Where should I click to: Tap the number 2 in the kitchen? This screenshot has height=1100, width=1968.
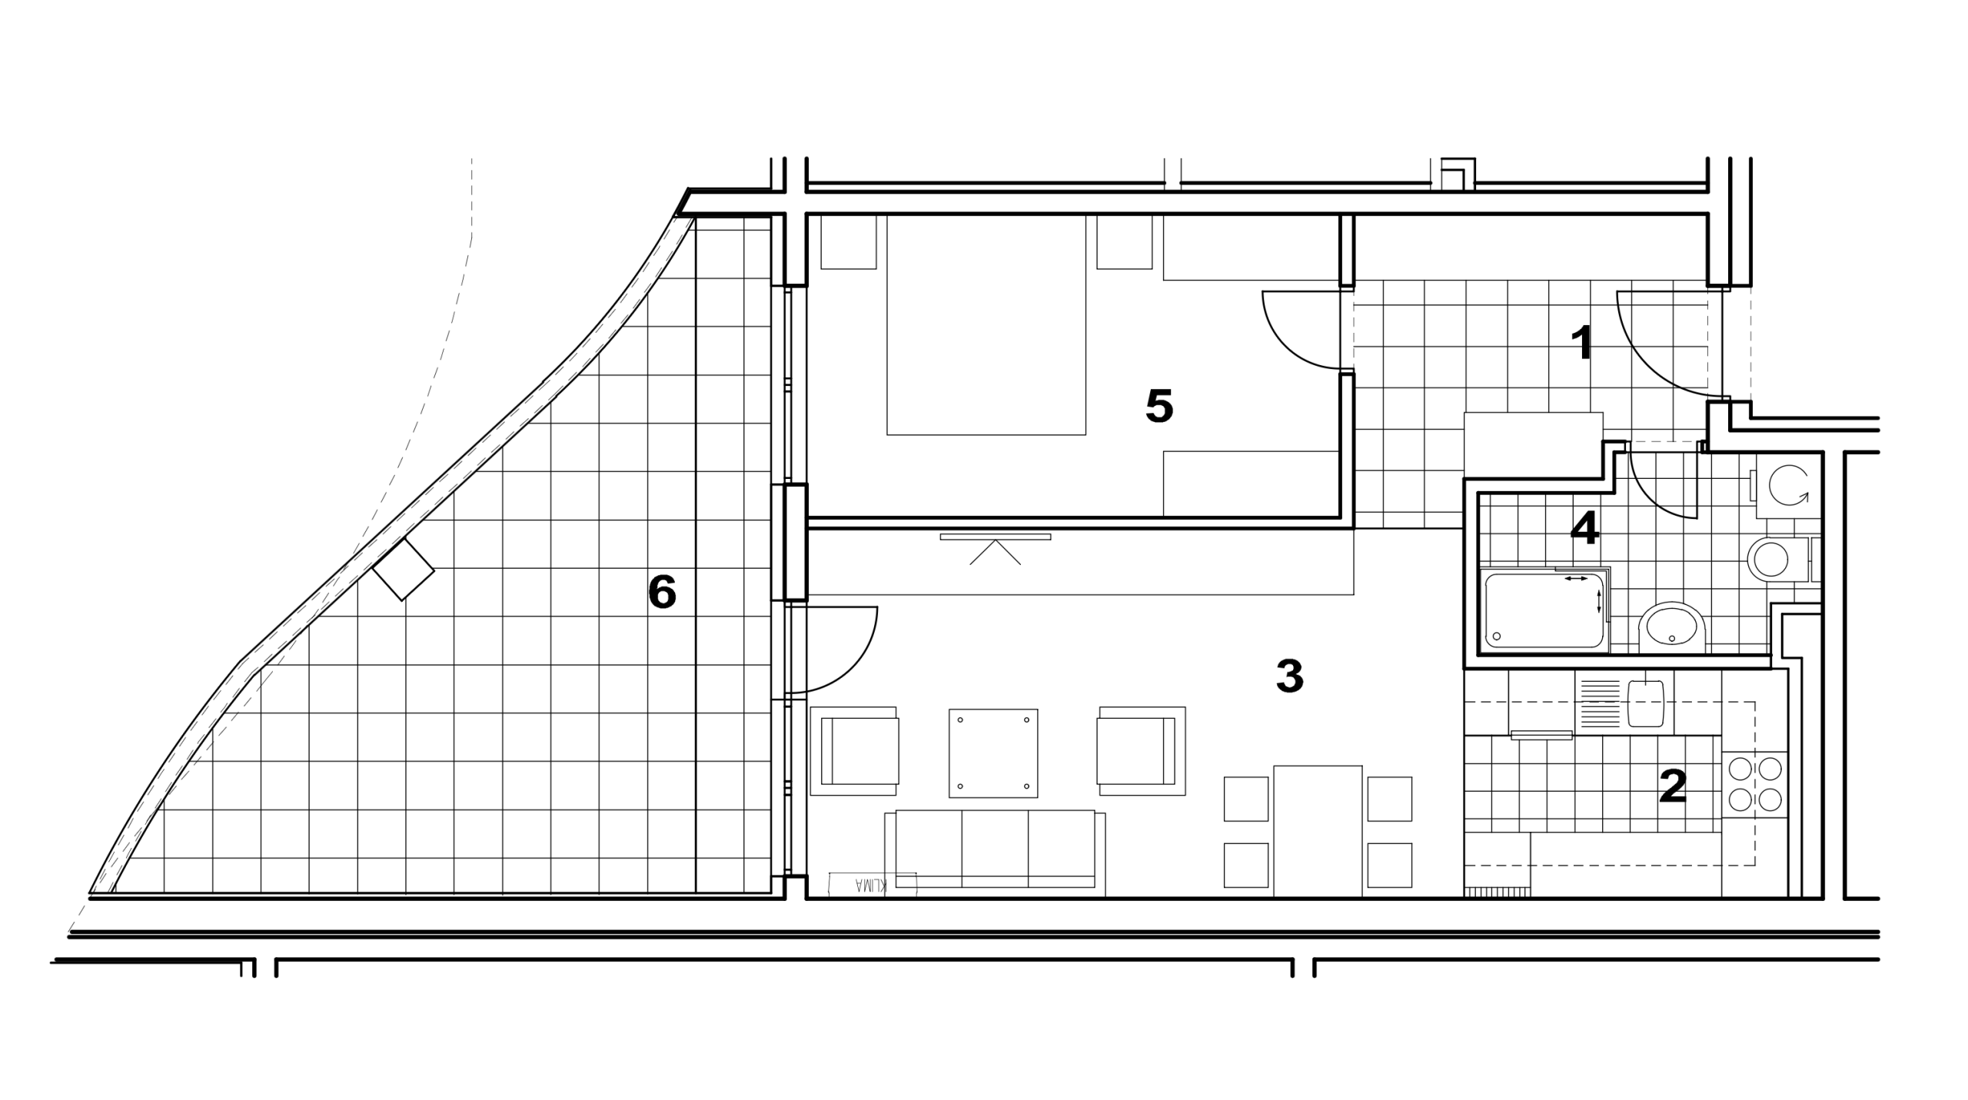tap(1673, 786)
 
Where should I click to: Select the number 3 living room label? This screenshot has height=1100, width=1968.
tap(1289, 676)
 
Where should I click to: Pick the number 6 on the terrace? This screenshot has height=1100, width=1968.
tap(662, 592)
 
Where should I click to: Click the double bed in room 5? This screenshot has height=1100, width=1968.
tap(986, 324)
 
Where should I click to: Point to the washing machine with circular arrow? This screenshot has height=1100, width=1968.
tap(1787, 487)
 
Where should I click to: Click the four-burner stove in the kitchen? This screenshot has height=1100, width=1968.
tap(1755, 785)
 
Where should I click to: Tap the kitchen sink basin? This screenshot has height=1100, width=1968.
tap(1646, 703)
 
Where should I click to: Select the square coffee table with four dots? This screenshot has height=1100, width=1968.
tap(993, 753)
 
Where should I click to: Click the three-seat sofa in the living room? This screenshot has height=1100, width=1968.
tap(995, 852)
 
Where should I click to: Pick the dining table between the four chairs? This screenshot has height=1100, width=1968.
tap(1318, 831)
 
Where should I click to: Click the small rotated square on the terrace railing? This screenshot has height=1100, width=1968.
tap(403, 570)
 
